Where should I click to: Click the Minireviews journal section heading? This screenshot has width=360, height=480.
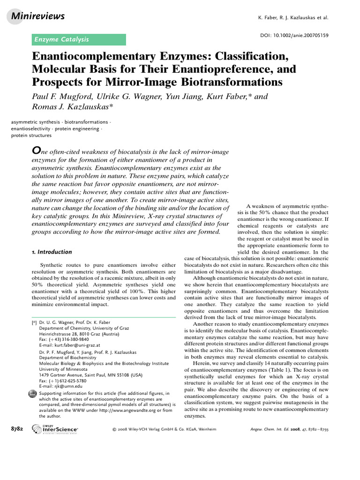click(37, 17)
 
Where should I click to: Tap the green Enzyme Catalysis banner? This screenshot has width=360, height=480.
click(78, 39)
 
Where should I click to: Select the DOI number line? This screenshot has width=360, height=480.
click(294, 35)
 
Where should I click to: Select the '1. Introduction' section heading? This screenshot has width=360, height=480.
click(52, 252)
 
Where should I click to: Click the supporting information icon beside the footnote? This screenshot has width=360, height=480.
click(33, 395)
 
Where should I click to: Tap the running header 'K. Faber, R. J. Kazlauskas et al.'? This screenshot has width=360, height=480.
click(293, 18)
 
